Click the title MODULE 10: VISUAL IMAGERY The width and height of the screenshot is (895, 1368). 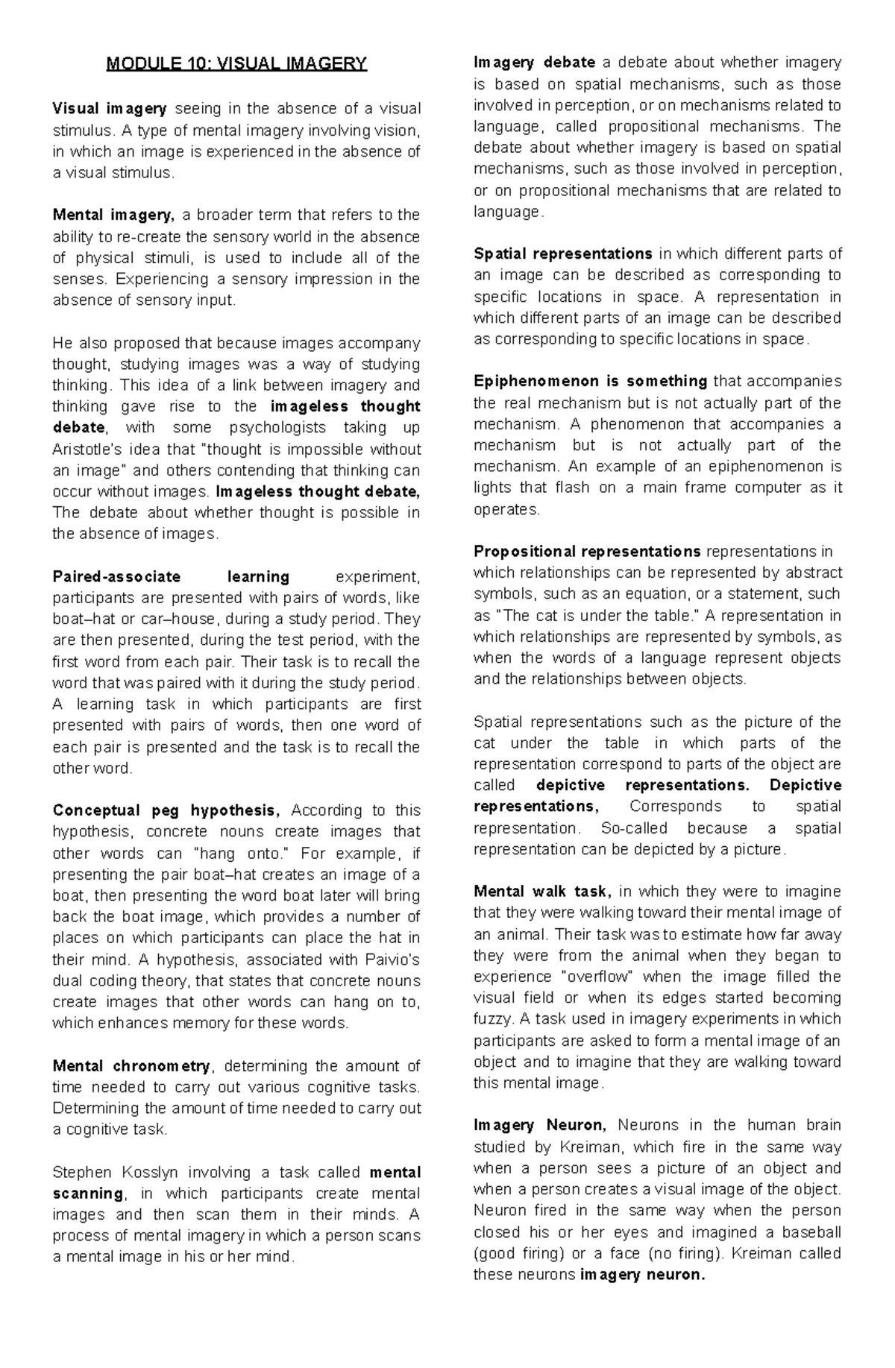[236, 64]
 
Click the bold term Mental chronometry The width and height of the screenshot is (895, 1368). [132, 1066]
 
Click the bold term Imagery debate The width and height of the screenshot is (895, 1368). [534, 63]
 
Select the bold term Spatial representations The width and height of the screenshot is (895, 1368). [562, 254]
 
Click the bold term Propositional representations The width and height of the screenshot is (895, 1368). [587, 552]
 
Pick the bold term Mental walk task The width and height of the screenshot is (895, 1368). [542, 892]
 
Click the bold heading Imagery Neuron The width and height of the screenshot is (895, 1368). [541, 1126]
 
